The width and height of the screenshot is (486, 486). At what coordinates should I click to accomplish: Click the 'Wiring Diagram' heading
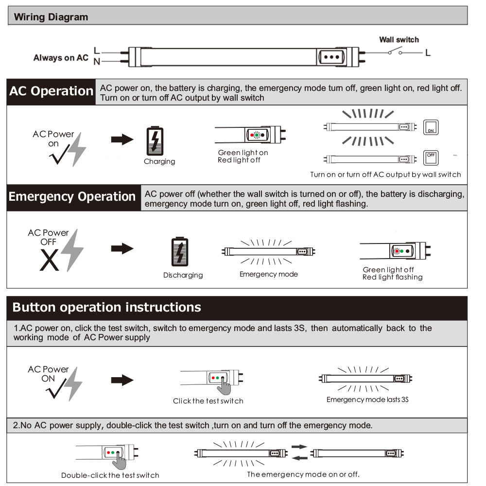[51, 17]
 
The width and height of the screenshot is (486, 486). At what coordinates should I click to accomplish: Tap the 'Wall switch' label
[399, 40]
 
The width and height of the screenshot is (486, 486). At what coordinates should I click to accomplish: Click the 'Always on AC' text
[61, 58]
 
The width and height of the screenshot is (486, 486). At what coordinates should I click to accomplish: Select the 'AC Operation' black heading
[51, 91]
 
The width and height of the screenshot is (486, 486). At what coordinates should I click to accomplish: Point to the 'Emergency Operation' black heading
[72, 197]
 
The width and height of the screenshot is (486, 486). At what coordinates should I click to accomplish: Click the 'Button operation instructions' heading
[106, 307]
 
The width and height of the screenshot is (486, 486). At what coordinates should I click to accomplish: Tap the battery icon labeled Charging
[156, 141]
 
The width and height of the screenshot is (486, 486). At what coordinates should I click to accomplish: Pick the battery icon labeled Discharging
[180, 252]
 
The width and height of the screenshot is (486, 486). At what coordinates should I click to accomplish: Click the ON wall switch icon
[431, 127]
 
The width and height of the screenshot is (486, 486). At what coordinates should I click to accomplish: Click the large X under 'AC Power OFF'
[50, 260]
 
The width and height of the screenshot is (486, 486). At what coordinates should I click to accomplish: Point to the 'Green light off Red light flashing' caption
[392, 274]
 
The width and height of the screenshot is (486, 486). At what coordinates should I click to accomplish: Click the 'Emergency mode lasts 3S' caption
[367, 399]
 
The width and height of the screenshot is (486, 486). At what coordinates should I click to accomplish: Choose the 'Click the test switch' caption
[208, 401]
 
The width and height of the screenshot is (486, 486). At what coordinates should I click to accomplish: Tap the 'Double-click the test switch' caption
[110, 475]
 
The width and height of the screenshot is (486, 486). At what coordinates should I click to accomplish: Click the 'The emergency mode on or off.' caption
[303, 474]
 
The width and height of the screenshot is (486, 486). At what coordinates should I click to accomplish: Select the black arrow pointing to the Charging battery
[122, 140]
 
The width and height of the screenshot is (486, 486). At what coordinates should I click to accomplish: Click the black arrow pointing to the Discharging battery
[122, 249]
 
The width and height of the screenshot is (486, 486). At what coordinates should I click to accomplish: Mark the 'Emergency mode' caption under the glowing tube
[268, 275]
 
